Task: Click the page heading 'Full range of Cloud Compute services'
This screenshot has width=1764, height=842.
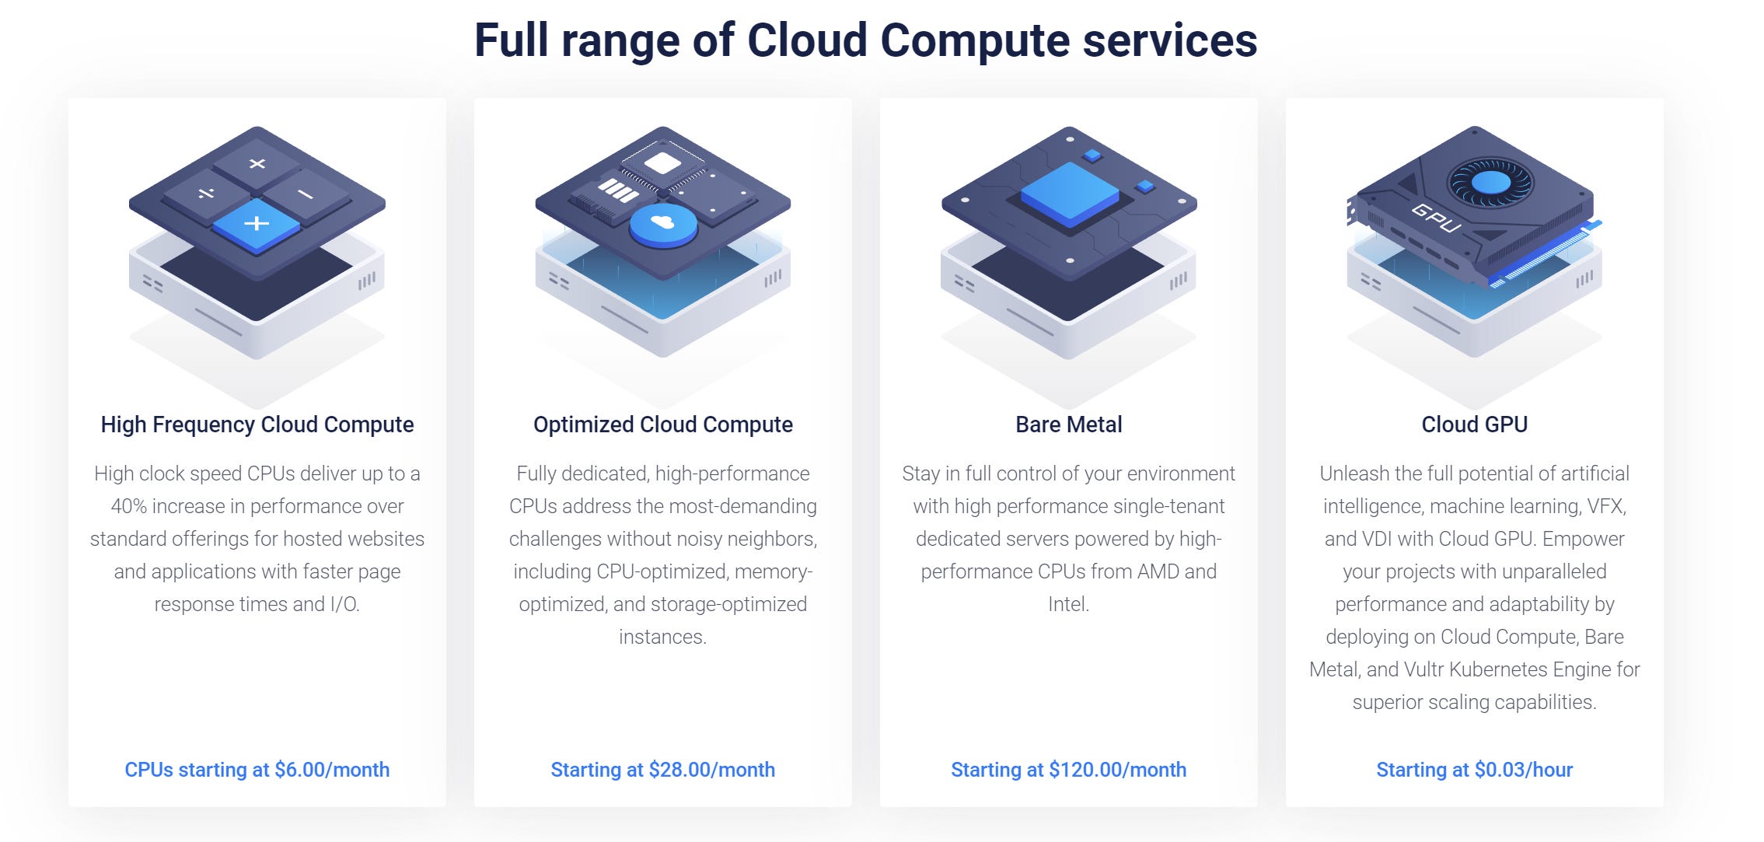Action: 865,40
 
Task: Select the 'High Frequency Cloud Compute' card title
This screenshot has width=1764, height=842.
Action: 257,424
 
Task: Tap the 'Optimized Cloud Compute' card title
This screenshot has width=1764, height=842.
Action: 662,424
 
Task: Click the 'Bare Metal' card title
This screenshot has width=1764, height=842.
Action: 1068,424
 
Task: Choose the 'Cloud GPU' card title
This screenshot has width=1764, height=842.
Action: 1474,424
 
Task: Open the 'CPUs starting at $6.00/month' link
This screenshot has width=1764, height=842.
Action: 257,770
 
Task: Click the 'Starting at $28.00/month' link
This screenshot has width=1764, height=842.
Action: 662,770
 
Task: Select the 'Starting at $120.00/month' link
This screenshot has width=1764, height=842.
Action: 1068,770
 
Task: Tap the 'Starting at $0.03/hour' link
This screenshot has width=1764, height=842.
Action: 1474,770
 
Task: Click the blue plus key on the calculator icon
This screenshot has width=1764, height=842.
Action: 257,224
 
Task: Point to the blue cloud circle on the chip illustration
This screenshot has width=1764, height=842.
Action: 663,224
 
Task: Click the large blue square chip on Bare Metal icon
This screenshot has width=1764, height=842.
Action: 1069,190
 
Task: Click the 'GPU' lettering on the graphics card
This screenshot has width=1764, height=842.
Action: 1436,218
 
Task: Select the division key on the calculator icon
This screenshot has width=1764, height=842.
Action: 206,193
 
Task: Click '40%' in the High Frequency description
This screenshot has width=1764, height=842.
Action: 128,506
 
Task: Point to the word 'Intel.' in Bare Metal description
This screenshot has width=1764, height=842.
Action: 1068,604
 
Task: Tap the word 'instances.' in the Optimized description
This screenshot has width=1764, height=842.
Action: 662,637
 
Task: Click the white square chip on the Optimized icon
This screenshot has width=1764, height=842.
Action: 662,163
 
